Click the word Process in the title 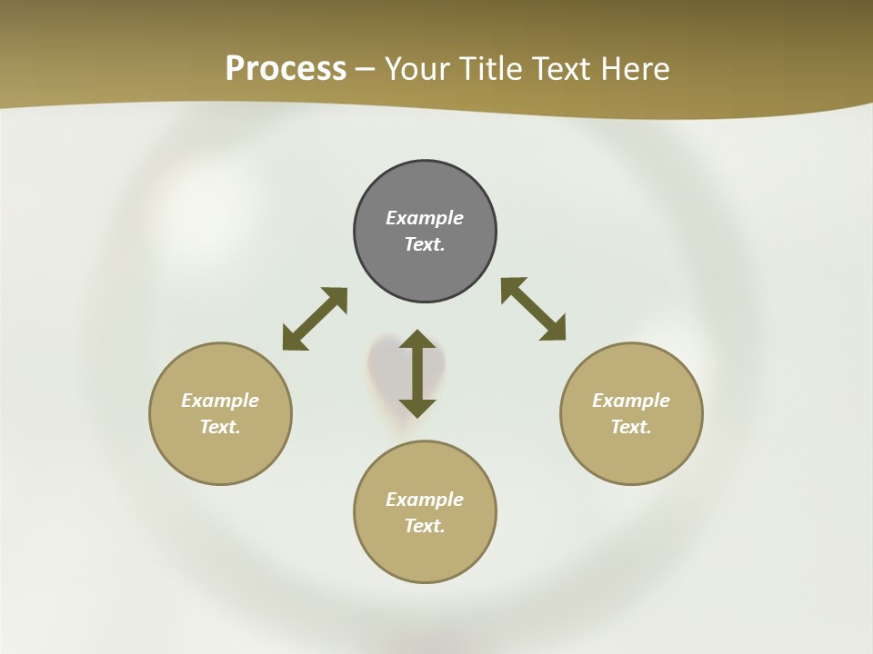286,68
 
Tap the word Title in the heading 495,68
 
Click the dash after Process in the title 366,70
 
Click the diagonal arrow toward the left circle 315,319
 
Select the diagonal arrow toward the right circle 534,309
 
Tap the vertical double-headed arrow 417,373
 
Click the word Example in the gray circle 425,218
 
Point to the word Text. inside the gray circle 425,244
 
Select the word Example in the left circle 220,401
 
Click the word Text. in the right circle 631,427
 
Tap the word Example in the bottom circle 425,500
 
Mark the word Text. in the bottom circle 425,526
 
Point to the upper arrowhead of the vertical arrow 417,342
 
